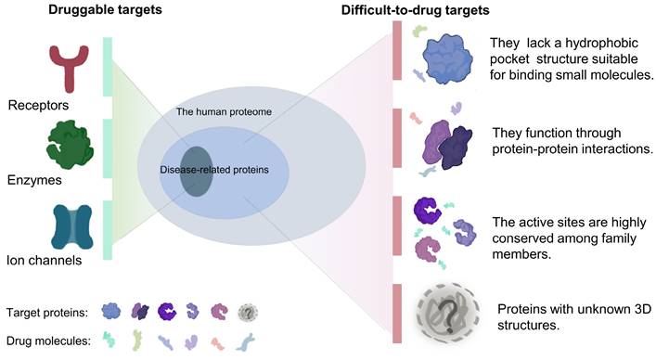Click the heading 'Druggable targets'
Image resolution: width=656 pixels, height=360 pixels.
[84, 11]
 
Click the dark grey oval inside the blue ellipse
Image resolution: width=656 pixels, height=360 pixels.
[196, 171]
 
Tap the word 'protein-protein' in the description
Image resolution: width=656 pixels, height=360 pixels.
[540, 149]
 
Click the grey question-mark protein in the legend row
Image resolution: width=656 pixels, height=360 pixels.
[248, 311]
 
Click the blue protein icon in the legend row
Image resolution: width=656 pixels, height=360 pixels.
[111, 311]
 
